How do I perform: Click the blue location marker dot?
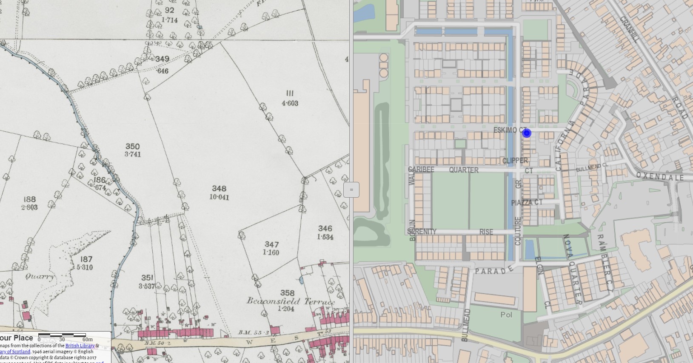[x=527, y=133]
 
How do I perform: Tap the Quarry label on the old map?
[x=40, y=277]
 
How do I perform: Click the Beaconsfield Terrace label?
[x=291, y=301]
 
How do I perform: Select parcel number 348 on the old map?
[x=219, y=188]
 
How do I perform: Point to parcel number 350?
[x=133, y=146]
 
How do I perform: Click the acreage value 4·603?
[x=290, y=103]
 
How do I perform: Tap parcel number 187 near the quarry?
[x=86, y=259]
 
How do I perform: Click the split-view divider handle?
[x=351, y=190]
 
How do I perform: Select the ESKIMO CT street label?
[x=509, y=130]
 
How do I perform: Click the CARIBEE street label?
[x=421, y=170]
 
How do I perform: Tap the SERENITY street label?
[x=422, y=232]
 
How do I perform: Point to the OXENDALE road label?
[x=659, y=176]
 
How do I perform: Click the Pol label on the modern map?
[x=506, y=315]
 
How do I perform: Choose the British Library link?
[x=80, y=346]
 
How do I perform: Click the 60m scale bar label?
[x=88, y=340]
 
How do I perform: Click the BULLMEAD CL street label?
[x=592, y=167]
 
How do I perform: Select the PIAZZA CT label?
[x=527, y=203]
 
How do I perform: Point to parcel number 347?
[x=271, y=244]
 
